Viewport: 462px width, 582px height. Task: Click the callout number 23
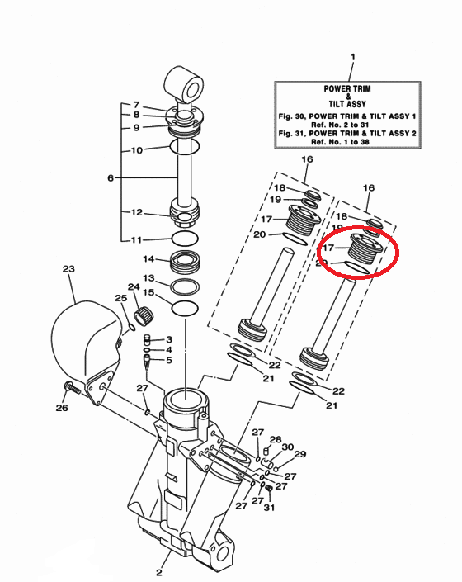pos(68,268)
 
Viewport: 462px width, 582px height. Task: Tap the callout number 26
pos(62,408)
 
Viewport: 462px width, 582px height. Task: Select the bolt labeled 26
pos(72,387)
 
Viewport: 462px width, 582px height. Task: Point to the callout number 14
pos(148,258)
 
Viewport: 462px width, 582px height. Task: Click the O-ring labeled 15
pos(185,309)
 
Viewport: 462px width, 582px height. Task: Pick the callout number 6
pos(111,177)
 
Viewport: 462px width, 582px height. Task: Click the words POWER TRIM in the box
pos(347,88)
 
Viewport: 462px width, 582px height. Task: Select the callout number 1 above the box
pos(352,57)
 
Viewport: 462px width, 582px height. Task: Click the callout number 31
pos(269,507)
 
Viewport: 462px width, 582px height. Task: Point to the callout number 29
pos(300,454)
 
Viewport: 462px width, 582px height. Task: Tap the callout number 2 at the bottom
pos(159,572)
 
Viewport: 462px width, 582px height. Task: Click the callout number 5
pos(169,360)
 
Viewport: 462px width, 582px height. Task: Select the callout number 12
pos(137,212)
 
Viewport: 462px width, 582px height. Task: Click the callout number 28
pos(276,439)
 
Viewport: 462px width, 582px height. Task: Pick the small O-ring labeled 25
pos(131,327)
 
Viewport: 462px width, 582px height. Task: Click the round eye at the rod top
pos(184,85)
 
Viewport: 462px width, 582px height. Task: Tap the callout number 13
pos(148,277)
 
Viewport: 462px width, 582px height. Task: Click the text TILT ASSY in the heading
pos(347,104)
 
